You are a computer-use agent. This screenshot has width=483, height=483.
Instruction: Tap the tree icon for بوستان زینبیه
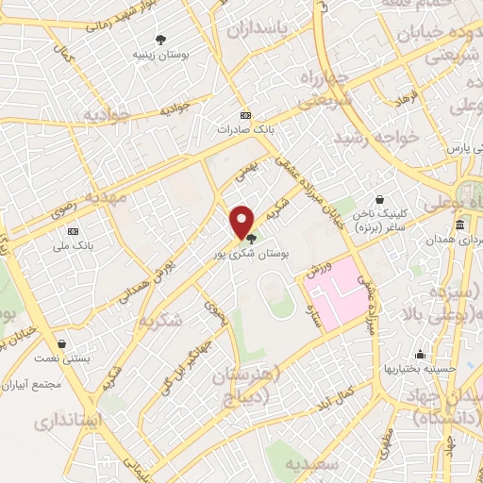[160, 40]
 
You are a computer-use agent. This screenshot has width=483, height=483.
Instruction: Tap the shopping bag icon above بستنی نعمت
[62, 344]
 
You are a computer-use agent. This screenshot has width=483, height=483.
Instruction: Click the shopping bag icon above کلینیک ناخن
[378, 200]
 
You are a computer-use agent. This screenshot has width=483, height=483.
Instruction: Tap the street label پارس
[458, 149]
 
